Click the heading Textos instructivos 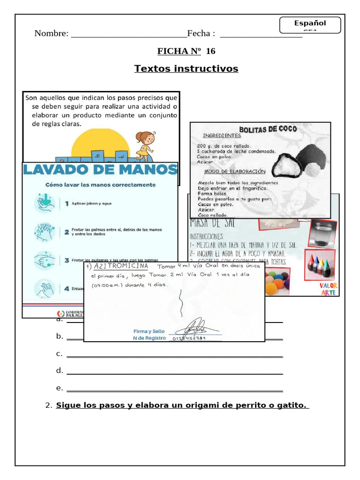(186, 69)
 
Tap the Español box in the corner (309, 23)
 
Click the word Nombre (51, 34)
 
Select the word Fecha (201, 34)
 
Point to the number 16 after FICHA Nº (210, 51)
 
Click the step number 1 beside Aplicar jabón (67, 203)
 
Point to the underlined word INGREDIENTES (222, 136)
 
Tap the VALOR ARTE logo (328, 289)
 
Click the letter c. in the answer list (59, 353)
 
